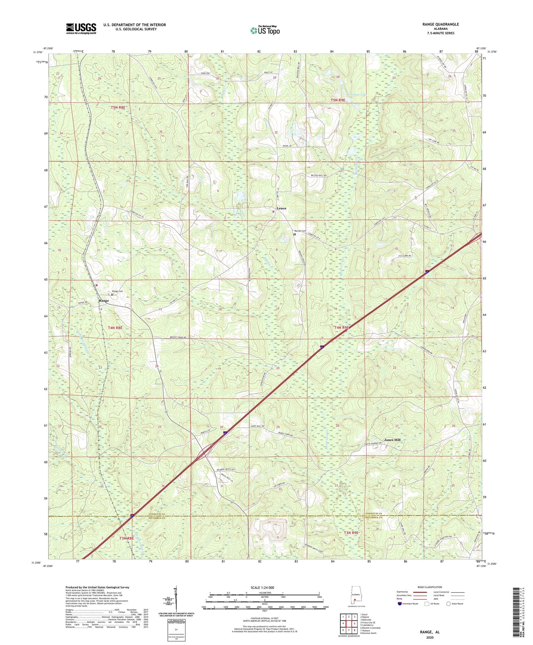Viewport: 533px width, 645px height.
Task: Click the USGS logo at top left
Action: coord(81,28)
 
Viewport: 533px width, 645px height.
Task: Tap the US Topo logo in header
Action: coord(264,30)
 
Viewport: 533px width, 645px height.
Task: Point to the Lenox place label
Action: coord(281,208)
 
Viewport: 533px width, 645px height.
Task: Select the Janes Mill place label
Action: coord(392,440)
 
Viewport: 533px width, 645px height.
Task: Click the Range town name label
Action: coord(104,301)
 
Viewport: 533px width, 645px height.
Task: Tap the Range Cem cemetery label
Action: coord(117,291)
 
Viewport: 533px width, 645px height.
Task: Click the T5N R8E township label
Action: coord(118,107)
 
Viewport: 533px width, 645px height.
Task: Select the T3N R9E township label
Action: coord(351,533)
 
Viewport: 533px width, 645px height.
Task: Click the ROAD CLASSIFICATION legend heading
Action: coord(430,587)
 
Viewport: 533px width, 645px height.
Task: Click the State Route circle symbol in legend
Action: coord(448,604)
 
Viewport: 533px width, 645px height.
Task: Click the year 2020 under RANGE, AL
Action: coord(429,637)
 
